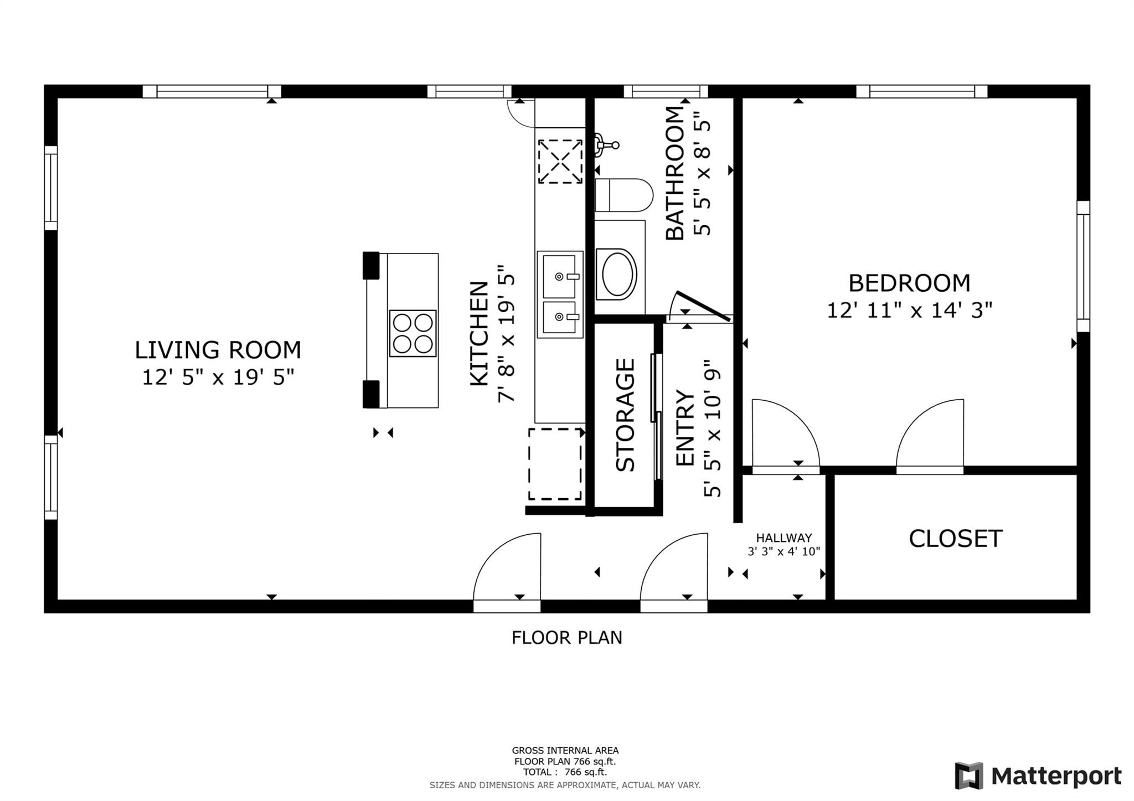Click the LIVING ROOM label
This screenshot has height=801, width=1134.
coord(218,350)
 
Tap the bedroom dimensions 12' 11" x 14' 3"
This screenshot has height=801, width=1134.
coord(909,310)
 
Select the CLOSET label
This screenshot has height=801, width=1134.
coord(956,539)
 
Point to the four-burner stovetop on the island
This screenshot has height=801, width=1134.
coord(413,333)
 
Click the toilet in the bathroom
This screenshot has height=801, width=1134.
coord(623,195)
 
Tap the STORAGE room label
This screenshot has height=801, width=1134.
coord(626,415)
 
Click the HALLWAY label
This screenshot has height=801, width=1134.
coord(784,538)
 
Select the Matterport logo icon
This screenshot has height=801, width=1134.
coord(969,776)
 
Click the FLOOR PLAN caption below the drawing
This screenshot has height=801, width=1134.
coord(567,638)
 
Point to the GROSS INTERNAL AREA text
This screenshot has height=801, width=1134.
coord(565,751)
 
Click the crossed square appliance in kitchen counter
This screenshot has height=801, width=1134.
coord(560,161)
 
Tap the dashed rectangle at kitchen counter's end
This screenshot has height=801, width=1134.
coord(555,464)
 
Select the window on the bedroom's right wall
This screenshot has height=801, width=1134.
coord(1084,266)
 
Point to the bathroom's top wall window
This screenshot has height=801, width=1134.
coord(666,91)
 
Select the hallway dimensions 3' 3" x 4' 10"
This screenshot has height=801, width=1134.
coord(784,551)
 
